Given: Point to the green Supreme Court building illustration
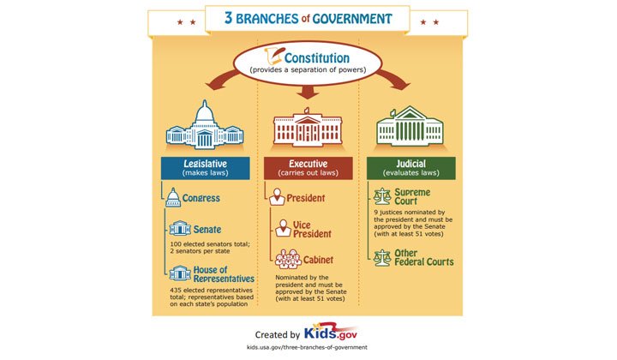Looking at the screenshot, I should (410, 128).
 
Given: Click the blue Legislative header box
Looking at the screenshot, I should (205, 167).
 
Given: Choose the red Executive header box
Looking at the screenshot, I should (308, 167).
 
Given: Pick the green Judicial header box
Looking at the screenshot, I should (410, 167).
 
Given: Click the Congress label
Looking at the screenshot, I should (201, 198).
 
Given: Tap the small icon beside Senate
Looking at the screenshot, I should (179, 229).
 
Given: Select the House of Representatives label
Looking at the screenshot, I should (224, 273).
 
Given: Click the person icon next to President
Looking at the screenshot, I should (277, 198).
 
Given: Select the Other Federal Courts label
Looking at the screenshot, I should (425, 256).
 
